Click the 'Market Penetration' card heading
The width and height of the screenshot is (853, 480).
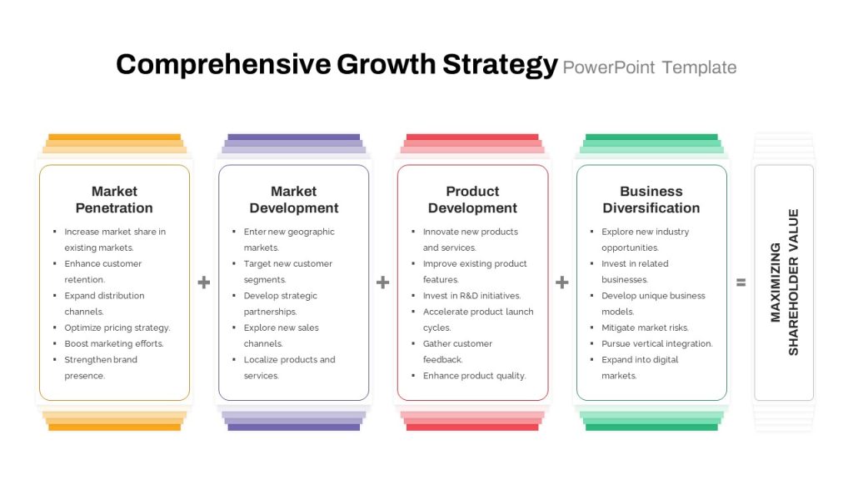(x=114, y=200)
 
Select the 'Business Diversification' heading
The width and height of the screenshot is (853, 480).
(x=651, y=200)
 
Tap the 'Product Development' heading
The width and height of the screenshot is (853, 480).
(x=472, y=200)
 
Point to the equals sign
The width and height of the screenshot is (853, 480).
(x=741, y=282)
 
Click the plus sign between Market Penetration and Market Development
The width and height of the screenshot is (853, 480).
(x=203, y=282)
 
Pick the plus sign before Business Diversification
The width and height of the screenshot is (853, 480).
(x=562, y=282)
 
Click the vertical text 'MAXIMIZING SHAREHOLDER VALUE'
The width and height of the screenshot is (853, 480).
(x=785, y=282)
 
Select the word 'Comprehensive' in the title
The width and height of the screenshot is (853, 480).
(x=223, y=65)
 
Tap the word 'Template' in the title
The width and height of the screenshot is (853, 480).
(x=699, y=67)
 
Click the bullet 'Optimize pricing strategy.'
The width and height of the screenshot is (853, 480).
(x=117, y=327)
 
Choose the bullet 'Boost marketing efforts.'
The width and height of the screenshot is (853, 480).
(x=113, y=343)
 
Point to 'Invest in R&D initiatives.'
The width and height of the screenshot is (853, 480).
(x=471, y=296)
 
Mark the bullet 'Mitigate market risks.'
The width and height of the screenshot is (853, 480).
(x=645, y=327)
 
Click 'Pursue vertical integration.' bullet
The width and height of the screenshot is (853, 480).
(x=656, y=343)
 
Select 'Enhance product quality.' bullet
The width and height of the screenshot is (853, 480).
(x=474, y=376)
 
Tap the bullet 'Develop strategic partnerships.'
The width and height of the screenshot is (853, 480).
(x=280, y=303)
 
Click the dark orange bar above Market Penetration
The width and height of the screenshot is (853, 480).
(x=114, y=137)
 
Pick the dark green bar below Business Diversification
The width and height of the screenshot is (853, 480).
(x=651, y=427)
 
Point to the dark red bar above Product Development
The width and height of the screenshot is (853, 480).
(x=472, y=137)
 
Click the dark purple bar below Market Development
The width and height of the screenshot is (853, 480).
(x=294, y=427)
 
